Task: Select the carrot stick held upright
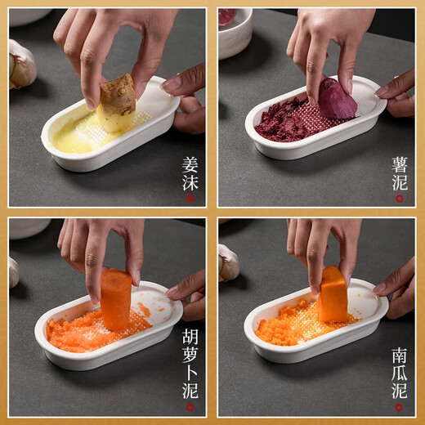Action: pyautogui.click(x=115, y=299)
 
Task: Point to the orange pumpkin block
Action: pyautogui.click(x=333, y=294)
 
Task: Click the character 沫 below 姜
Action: pyautogui.click(x=190, y=182)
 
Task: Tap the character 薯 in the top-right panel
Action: pyautogui.click(x=399, y=164)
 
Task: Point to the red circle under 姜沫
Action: pyautogui.click(x=190, y=198)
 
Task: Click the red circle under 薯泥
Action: pyautogui.click(x=399, y=198)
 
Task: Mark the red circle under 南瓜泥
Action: pyautogui.click(x=399, y=408)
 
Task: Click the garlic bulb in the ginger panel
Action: pyautogui.click(x=21, y=65)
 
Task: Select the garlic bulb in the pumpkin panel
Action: pyautogui.click(x=228, y=263)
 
